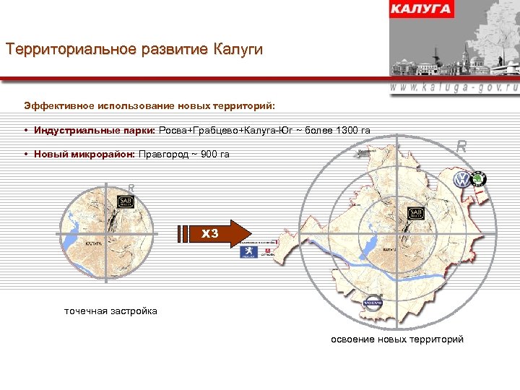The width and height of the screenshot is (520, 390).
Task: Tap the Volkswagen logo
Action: pyautogui.click(x=460, y=180)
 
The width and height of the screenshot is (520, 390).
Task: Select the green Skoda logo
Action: pyautogui.click(x=480, y=178)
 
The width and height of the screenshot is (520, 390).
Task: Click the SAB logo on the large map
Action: pyautogui.click(x=416, y=214)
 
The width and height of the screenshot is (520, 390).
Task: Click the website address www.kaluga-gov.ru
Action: pyautogui.click(x=454, y=86)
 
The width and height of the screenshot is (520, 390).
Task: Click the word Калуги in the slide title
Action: pyautogui.click(x=238, y=50)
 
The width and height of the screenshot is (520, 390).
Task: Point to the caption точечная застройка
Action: pyautogui.click(x=110, y=311)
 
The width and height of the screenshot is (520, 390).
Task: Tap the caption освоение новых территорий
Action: pyautogui.click(x=397, y=339)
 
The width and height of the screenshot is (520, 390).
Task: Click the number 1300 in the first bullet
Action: pyautogui.click(x=338, y=131)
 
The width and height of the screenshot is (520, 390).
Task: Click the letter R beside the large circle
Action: pyautogui.click(x=461, y=147)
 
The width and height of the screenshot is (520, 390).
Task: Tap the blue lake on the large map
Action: pyautogui.click(x=370, y=246)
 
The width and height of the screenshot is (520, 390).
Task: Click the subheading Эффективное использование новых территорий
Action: pyautogui.click(x=149, y=105)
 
